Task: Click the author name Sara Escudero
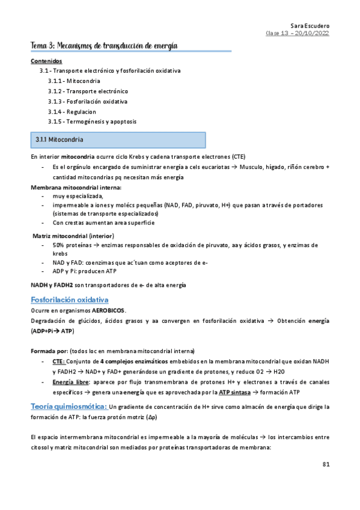click(310, 26)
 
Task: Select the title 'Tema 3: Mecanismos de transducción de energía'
click(105, 46)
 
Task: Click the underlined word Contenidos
click(46, 61)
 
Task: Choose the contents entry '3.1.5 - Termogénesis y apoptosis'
click(92, 121)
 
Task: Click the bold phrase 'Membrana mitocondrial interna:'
click(72, 188)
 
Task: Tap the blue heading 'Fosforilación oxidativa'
click(69, 300)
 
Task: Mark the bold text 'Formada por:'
click(49, 351)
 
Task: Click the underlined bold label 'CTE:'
click(59, 361)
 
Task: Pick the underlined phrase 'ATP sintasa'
click(236, 393)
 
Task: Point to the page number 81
click(326, 464)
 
